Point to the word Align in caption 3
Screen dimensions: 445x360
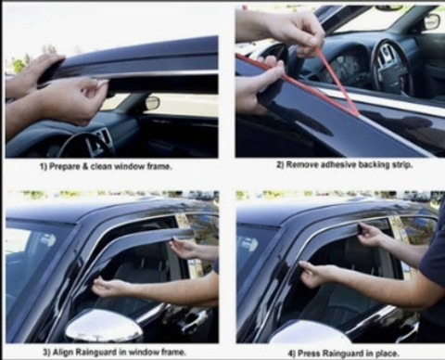(62, 352)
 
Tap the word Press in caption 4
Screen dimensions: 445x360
(308, 353)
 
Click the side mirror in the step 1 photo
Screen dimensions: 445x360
(152, 103)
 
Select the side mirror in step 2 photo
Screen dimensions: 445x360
(432, 21)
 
